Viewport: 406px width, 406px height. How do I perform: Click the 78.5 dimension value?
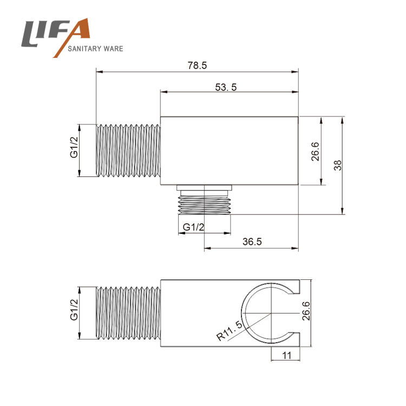(x=197, y=66)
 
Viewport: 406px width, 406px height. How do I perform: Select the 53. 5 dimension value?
(x=226, y=87)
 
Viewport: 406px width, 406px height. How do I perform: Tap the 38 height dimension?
(x=338, y=166)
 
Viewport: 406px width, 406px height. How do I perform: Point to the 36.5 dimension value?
(x=252, y=241)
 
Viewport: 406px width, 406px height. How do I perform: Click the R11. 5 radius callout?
(x=230, y=331)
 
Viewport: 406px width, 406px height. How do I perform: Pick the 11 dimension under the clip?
(x=286, y=356)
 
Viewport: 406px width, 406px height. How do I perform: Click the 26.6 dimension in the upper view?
(x=316, y=152)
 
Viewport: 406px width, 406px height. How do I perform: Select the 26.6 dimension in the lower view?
(x=306, y=311)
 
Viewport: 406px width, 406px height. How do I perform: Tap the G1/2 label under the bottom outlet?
(x=193, y=227)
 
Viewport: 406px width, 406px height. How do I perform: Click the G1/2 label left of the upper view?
(x=74, y=147)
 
